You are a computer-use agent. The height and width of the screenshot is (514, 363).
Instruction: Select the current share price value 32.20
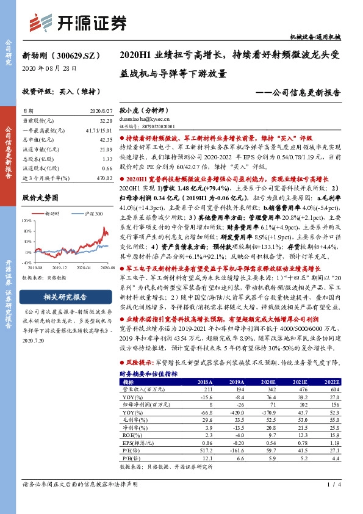[106, 121]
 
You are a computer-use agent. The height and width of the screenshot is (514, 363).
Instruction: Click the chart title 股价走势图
[40, 198]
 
